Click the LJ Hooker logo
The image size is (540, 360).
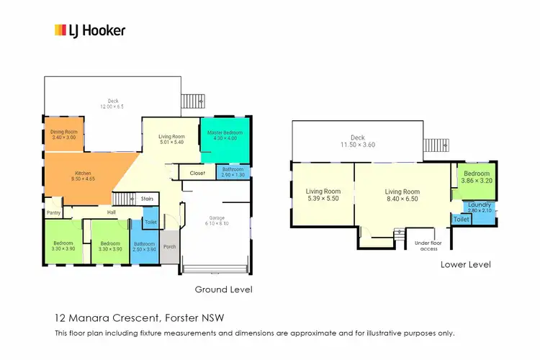(90, 30)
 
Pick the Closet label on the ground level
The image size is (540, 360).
(198, 173)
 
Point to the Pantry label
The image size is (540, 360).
(53, 212)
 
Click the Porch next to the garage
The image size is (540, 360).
(170, 246)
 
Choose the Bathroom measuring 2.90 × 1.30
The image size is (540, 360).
(233, 173)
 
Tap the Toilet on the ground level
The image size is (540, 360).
(150, 222)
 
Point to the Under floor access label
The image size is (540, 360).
(426, 246)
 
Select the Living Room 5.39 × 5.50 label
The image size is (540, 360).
(322, 194)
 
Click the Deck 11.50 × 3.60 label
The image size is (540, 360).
(358, 141)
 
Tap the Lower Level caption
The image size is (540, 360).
(466, 264)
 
